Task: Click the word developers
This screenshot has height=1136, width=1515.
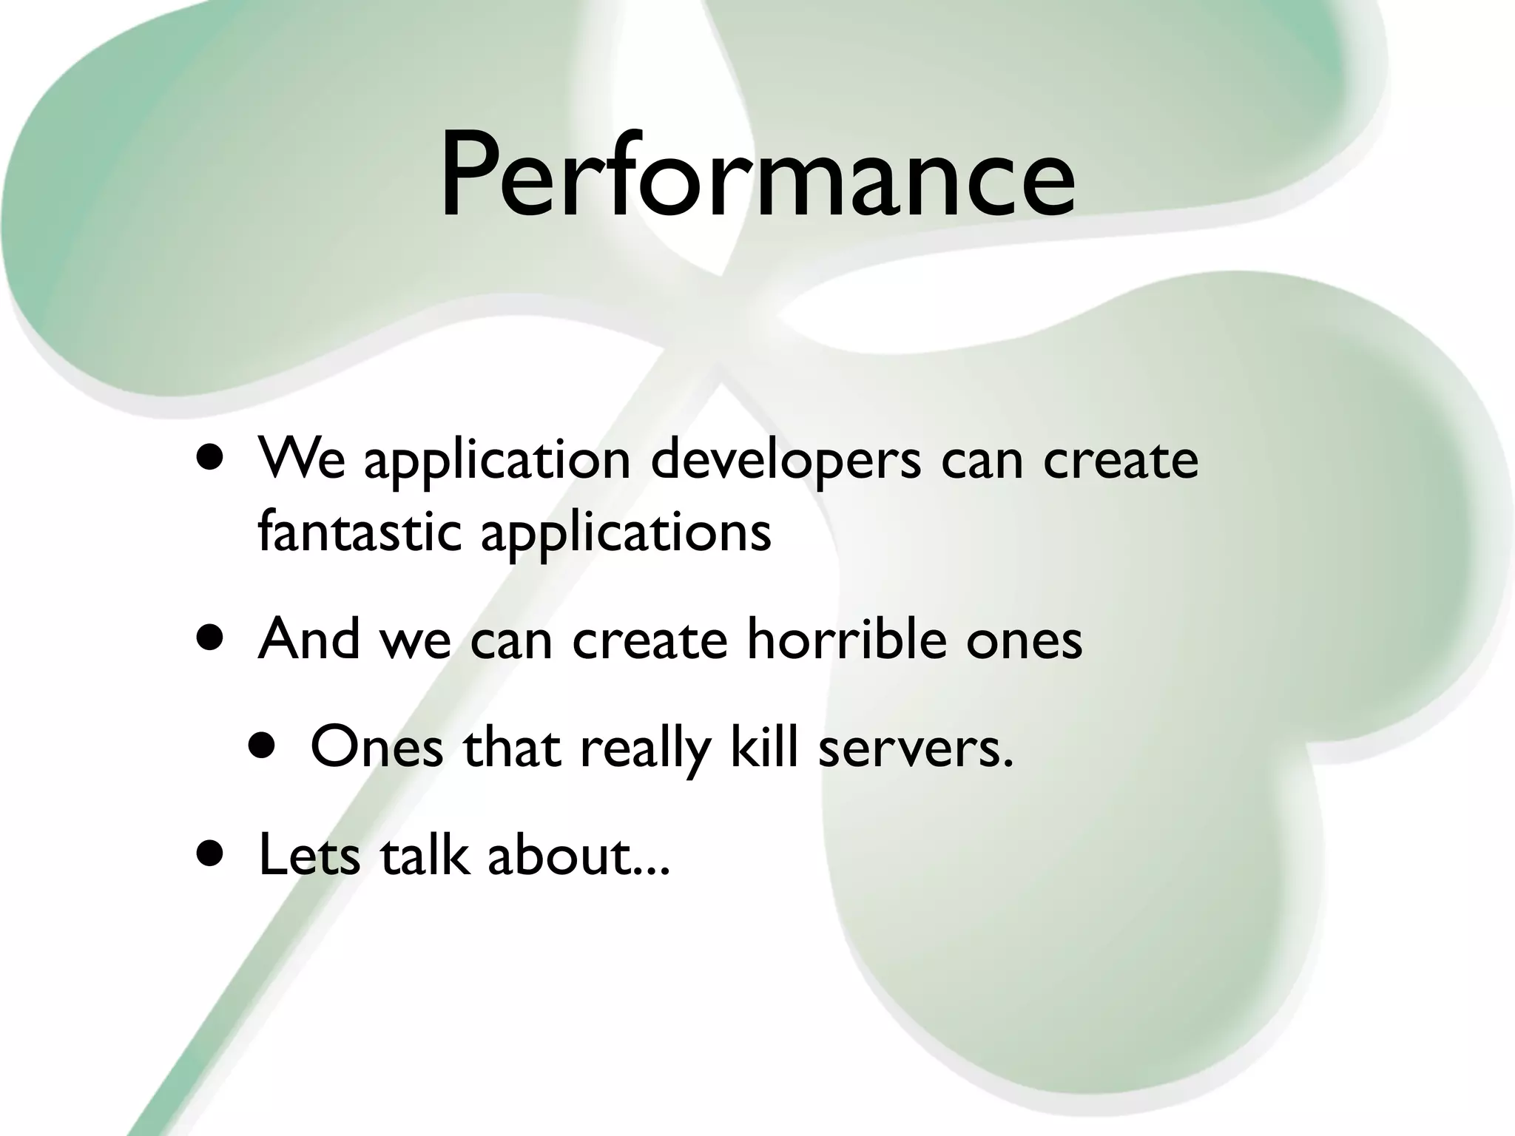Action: point(786,460)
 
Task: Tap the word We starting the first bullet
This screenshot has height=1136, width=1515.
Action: point(301,460)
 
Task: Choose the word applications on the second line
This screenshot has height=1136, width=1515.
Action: point(625,532)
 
